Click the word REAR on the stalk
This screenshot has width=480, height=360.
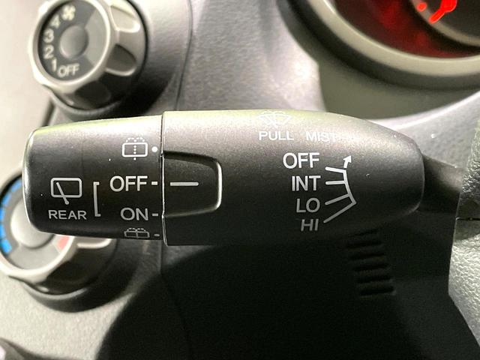coord(67,214)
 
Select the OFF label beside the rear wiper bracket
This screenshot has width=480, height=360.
coord(128,183)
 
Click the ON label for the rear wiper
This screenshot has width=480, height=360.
coord(134,214)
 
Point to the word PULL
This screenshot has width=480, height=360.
coord(276,136)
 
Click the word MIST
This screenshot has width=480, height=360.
coord(320,136)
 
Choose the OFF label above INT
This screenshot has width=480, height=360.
coord(301,160)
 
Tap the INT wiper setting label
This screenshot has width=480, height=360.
coord(306,183)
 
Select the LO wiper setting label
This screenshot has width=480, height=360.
coord(308,205)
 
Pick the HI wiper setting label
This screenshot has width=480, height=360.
coord(310,225)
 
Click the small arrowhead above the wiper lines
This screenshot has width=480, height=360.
coord(346,160)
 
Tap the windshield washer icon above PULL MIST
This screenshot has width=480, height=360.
coord(274,119)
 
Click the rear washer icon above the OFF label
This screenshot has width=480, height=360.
coord(135,148)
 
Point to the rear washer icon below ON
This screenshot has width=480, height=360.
coord(136,233)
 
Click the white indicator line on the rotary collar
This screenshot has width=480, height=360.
coord(184,184)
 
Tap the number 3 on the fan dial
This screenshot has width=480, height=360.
coord(49,37)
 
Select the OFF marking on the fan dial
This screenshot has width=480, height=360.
coord(68,70)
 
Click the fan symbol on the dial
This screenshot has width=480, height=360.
coord(69,13)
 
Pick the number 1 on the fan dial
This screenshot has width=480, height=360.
coord(54,65)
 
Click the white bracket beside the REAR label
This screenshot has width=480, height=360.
coord(97,199)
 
